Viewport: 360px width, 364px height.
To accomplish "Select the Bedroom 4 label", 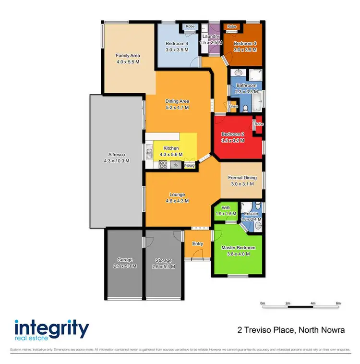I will [x=173, y=43].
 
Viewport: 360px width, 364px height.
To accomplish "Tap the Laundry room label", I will [x=211, y=36].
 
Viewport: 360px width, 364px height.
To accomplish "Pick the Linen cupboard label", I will [x=234, y=106].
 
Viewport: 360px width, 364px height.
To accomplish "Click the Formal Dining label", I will [x=242, y=178].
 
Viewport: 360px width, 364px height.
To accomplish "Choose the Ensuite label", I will [x=251, y=214].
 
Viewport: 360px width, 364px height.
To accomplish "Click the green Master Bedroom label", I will [x=238, y=248].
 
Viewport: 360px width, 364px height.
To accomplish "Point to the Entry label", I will [x=197, y=244].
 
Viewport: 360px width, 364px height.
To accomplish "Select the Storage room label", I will [x=163, y=260].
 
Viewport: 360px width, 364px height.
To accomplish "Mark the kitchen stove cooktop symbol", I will [x=163, y=165].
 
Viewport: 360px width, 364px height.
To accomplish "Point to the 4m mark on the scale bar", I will [x=313, y=303].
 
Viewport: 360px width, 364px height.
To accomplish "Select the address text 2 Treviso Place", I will [x=266, y=330].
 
